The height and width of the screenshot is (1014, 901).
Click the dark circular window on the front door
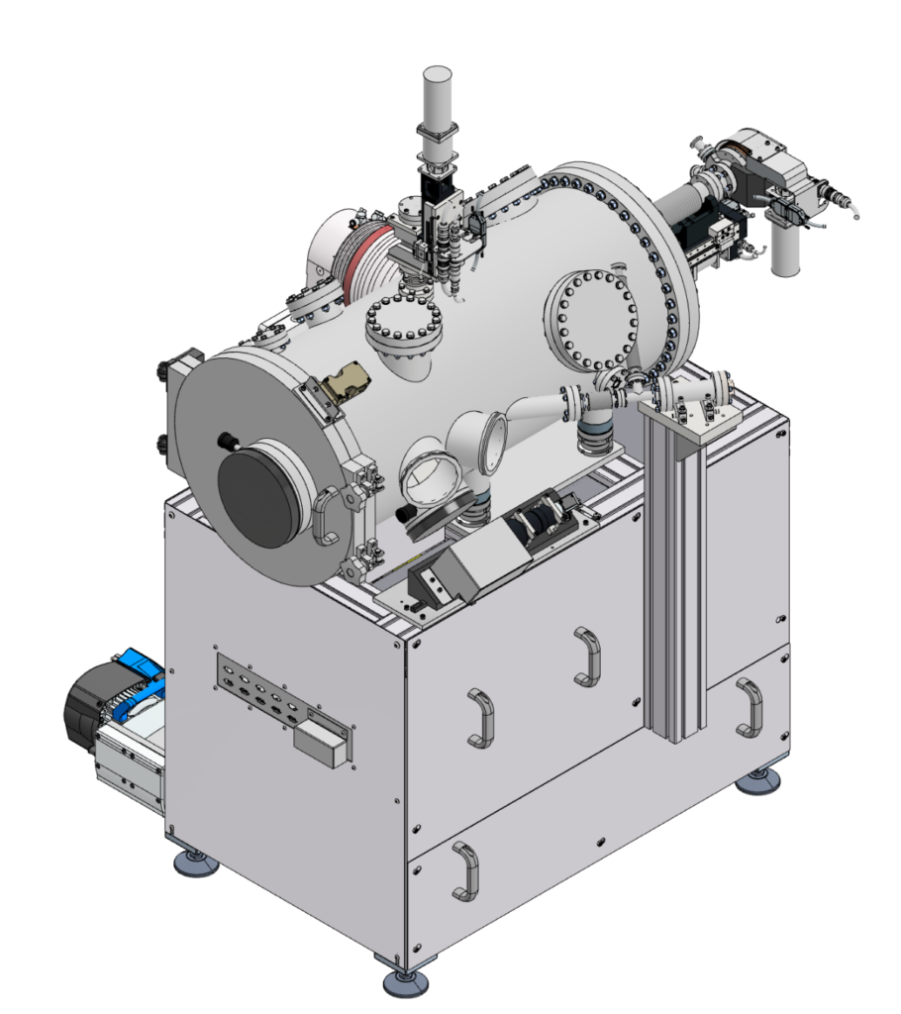pyautogui.click(x=258, y=500)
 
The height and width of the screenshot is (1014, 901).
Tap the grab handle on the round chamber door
pyautogui.click(x=324, y=516)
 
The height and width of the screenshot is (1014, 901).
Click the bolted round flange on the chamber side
pyautogui.click(x=591, y=319)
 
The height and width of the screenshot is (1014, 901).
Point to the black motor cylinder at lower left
pyautogui.click(x=86, y=705)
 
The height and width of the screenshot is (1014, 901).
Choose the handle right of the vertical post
pyautogui.click(x=750, y=707)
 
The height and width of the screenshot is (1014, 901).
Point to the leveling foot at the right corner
pyautogui.click(x=758, y=782)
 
